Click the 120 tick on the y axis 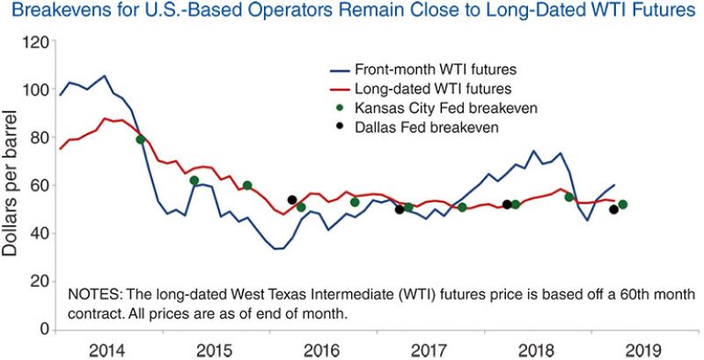35,42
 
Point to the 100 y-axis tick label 35,90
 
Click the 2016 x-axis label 321,349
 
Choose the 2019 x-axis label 638,349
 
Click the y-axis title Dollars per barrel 11,185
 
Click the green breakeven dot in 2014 141,140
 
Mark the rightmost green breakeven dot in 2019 622,204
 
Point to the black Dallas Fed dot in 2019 613,209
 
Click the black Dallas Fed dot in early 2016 292,200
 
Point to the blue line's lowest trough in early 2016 278,249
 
